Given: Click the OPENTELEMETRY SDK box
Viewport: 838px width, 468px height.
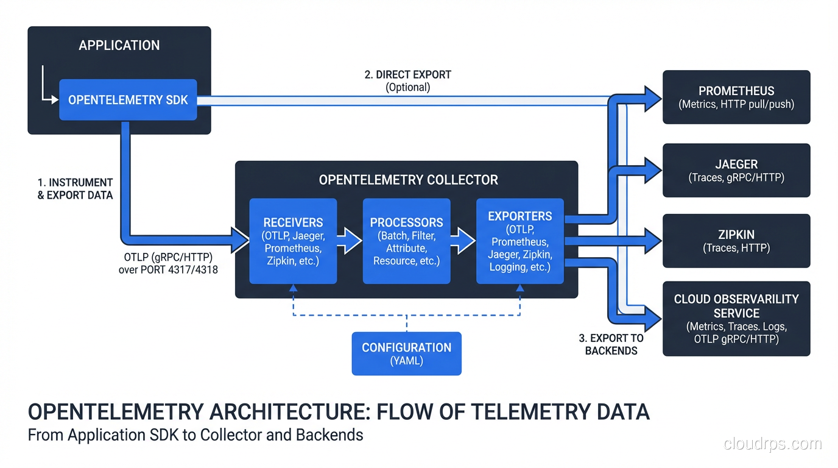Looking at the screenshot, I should (x=128, y=99).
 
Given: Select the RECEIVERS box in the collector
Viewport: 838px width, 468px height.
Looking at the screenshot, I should (x=293, y=241).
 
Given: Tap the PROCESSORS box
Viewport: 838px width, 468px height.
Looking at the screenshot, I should (x=406, y=241).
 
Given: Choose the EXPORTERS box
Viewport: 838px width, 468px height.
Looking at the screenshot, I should (x=519, y=241).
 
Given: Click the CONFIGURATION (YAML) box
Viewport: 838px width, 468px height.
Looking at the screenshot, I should (x=406, y=353).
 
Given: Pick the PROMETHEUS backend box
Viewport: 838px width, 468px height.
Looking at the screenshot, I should (x=736, y=97).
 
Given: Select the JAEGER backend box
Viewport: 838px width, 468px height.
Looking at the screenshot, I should (x=736, y=170).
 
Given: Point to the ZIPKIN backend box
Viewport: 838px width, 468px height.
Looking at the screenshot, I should (x=736, y=241).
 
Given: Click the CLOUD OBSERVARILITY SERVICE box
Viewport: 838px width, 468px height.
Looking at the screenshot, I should (x=736, y=318).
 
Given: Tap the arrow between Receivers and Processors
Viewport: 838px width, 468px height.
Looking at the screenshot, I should (x=350, y=241).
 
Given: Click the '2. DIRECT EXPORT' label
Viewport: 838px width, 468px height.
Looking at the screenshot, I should (x=407, y=75).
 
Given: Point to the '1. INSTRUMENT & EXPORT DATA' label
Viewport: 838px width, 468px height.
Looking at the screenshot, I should (x=75, y=189).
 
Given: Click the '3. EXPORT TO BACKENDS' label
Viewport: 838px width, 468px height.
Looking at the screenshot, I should (x=611, y=344).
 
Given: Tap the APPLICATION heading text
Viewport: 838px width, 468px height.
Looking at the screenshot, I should (x=119, y=45).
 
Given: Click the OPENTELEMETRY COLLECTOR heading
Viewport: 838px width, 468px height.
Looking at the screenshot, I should (x=408, y=180).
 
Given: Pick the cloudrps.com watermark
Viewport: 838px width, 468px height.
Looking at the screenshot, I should (x=772, y=444).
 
